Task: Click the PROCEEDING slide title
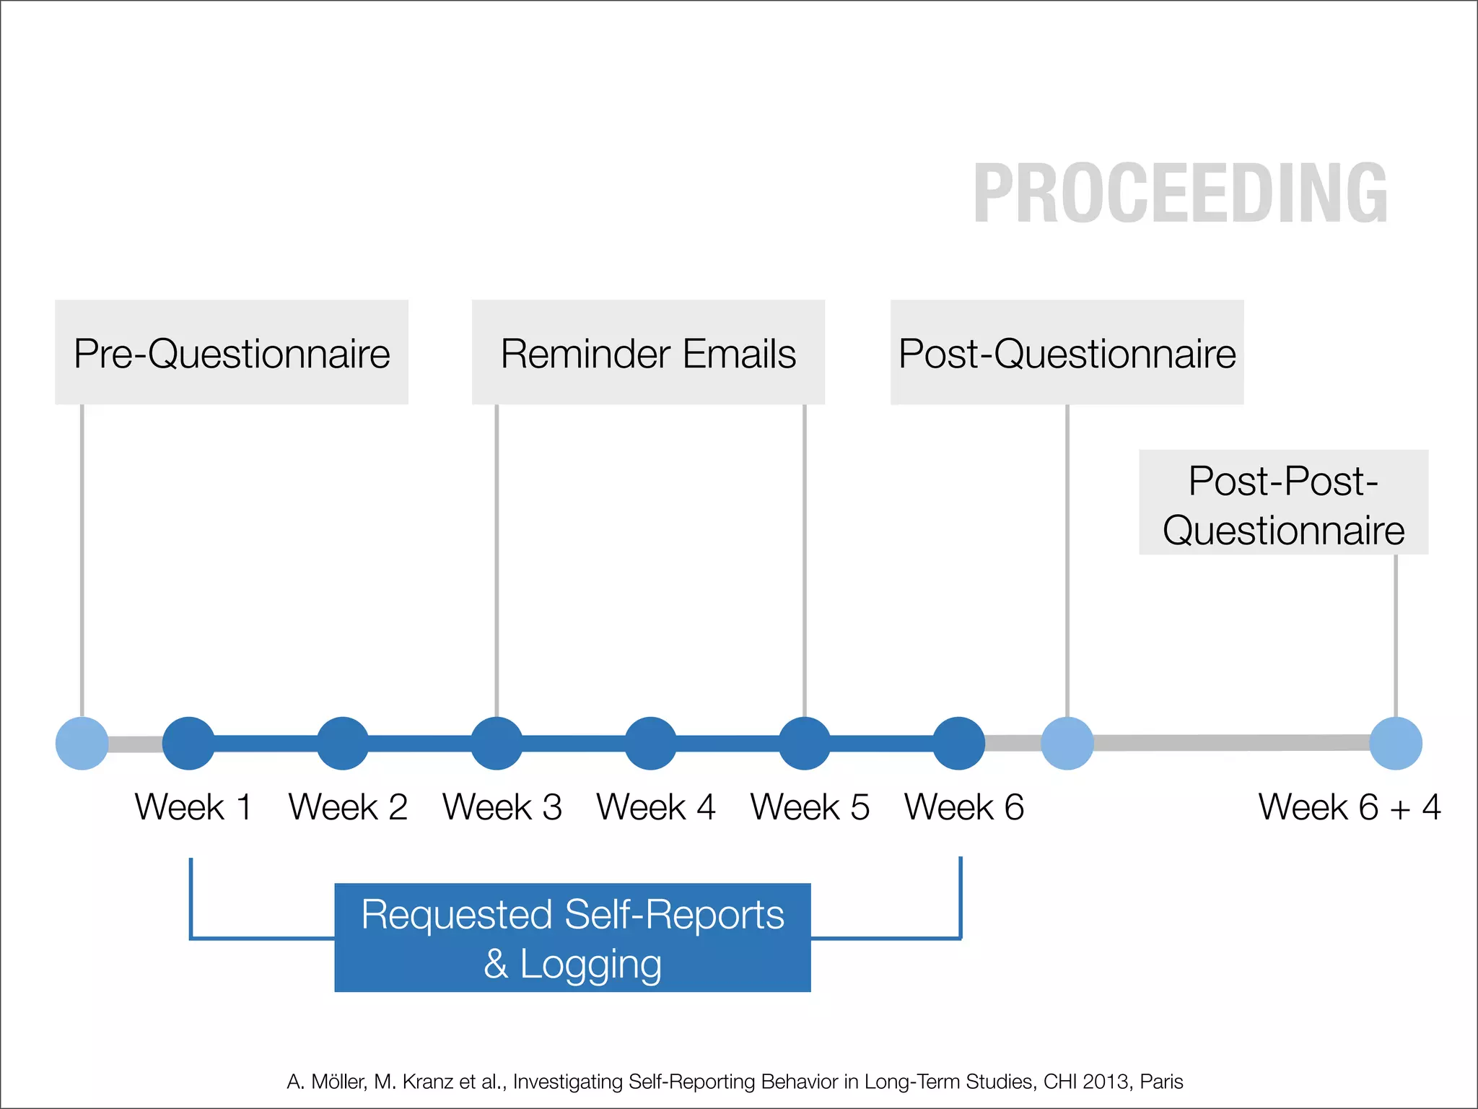pyautogui.click(x=1180, y=193)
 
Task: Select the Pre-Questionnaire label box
pyautogui.click(x=232, y=353)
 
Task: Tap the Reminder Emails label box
pyautogui.click(x=648, y=353)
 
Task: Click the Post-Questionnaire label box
pyautogui.click(x=1067, y=353)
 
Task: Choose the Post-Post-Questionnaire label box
pyautogui.click(x=1283, y=503)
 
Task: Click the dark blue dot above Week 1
pyautogui.click(x=188, y=743)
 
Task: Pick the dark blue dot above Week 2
pyautogui.click(x=343, y=743)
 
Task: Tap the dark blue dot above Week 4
pyautogui.click(x=650, y=743)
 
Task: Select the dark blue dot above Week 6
pyautogui.click(x=958, y=743)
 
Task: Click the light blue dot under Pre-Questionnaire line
pyautogui.click(x=82, y=743)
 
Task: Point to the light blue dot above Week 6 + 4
pyautogui.click(x=1396, y=743)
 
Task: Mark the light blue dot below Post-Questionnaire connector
pyautogui.click(x=1067, y=743)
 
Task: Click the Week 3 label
pyautogui.click(x=502, y=807)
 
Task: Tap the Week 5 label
pyautogui.click(x=810, y=807)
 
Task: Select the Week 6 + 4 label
pyautogui.click(x=1349, y=807)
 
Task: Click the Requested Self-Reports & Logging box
pyautogui.click(x=572, y=937)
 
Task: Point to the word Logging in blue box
pyautogui.click(x=590, y=965)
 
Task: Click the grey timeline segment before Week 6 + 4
pyautogui.click(x=1230, y=743)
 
